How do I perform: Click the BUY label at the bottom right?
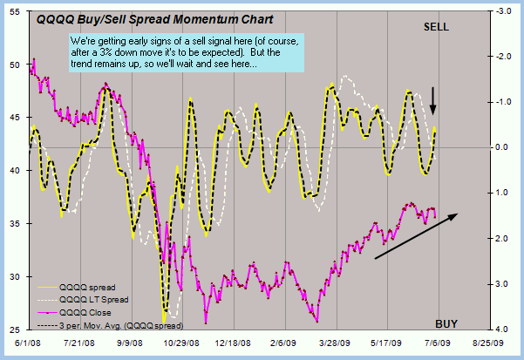(446, 323)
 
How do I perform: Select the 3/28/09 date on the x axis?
(333, 344)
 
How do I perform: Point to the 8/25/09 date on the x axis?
(490, 344)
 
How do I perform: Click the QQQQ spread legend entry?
(86, 286)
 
